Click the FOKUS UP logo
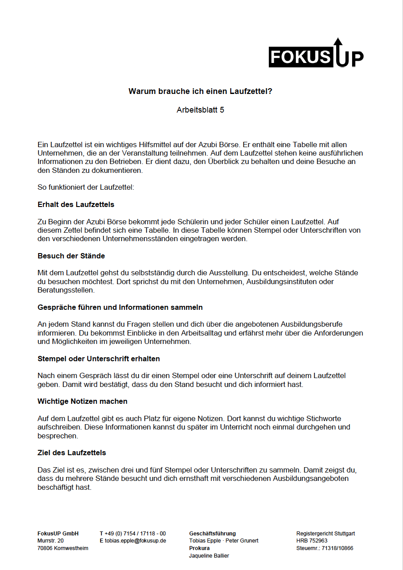click(316, 54)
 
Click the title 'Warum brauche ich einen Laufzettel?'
click(200, 92)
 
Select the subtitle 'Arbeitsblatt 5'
click(200, 110)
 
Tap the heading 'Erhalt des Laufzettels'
click(76, 204)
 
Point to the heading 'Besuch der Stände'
click(71, 256)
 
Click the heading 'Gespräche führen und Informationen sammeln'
click(120, 307)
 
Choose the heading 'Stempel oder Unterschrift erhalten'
click(99, 359)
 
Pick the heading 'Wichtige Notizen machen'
click(82, 401)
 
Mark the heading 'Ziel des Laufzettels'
click(72, 453)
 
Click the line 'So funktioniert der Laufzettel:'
click(85, 187)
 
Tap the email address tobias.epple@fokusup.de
click(135, 541)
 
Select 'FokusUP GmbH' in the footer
click(58, 534)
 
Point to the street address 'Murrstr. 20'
click(50, 541)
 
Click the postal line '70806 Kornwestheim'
click(63, 548)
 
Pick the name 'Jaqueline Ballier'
click(209, 556)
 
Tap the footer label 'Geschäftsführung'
click(213, 534)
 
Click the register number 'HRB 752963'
click(312, 541)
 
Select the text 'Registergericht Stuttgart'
click(325, 534)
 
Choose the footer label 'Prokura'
click(199, 548)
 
